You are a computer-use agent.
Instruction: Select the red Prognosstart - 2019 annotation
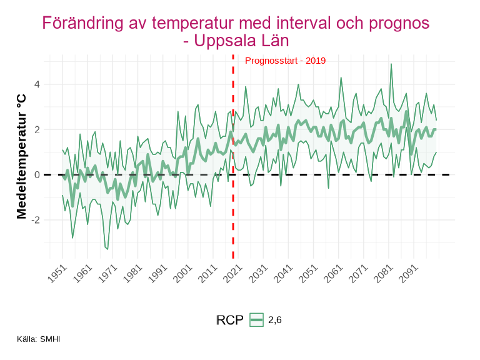click(x=285, y=61)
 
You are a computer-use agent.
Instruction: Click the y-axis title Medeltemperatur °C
click(x=22, y=156)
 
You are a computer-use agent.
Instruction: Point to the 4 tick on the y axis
click(x=37, y=84)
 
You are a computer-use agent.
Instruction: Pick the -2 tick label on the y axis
click(x=36, y=220)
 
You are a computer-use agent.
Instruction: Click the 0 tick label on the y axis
click(x=37, y=175)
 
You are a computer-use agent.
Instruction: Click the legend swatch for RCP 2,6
click(x=256, y=320)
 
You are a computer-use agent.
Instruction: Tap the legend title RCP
click(x=229, y=320)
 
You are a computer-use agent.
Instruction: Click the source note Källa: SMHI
click(x=39, y=339)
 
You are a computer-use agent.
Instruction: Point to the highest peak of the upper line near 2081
click(x=391, y=64)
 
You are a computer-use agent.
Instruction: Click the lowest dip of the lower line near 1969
click(x=107, y=249)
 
